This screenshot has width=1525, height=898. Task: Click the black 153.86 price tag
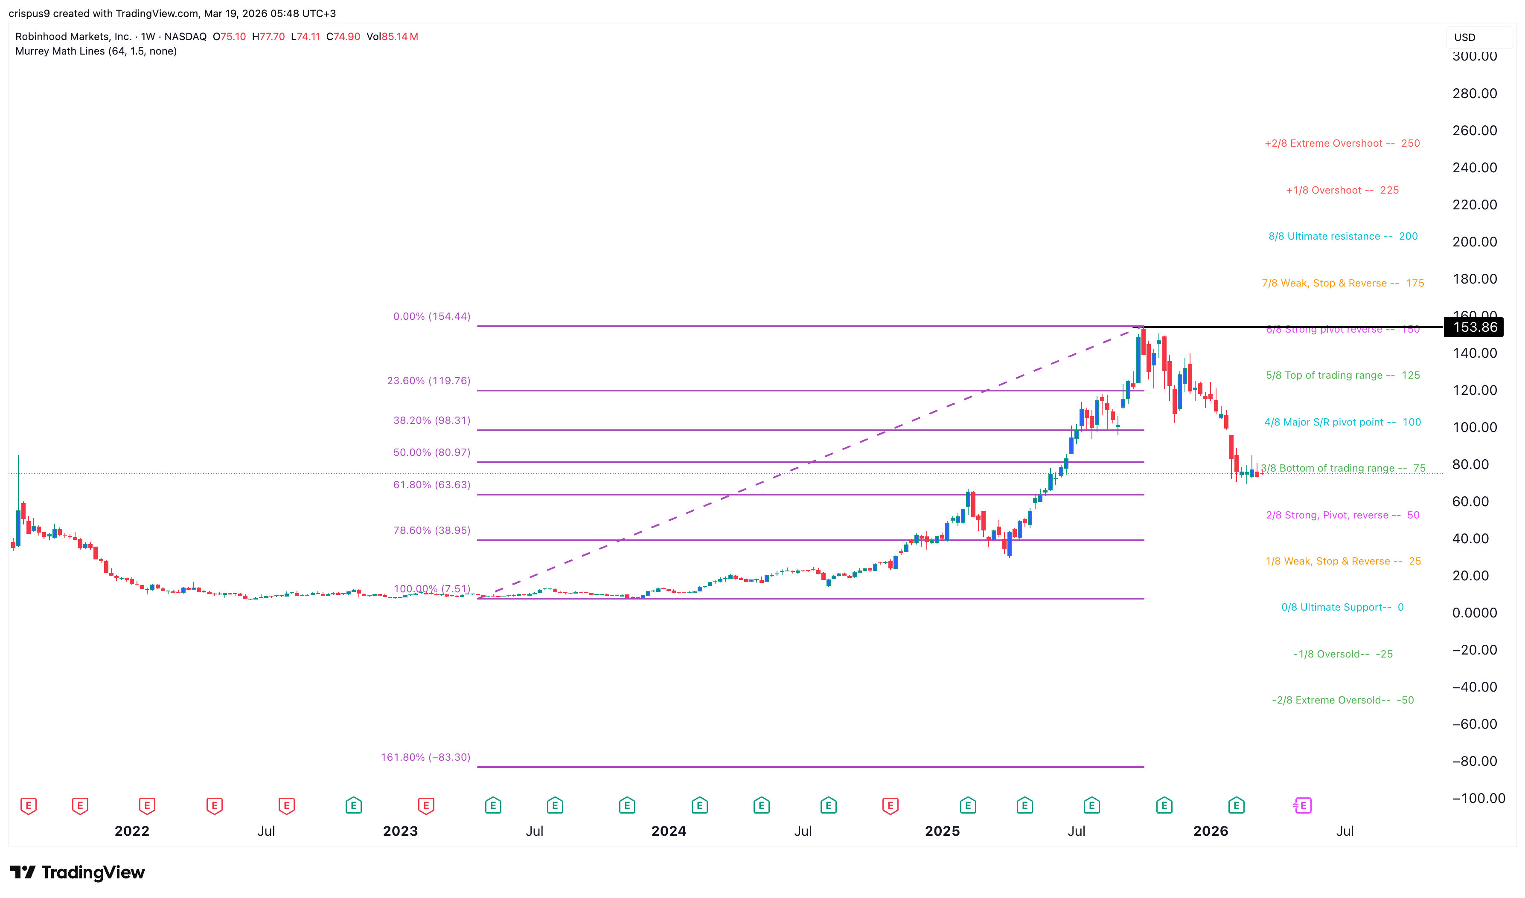click(x=1474, y=327)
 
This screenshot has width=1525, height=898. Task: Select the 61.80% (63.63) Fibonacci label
click(x=432, y=485)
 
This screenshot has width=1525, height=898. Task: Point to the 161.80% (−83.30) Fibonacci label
click(x=425, y=757)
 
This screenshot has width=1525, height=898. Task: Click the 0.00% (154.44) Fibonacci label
click(x=432, y=316)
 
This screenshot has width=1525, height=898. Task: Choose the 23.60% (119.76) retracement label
click(x=429, y=381)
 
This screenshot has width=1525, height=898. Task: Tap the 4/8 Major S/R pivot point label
click(x=1342, y=423)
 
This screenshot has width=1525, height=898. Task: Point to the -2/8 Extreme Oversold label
click(x=1342, y=700)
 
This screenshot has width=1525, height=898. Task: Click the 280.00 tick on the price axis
click(x=1474, y=94)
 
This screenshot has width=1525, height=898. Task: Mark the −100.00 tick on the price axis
click(x=1478, y=798)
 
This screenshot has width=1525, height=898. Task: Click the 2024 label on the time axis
click(x=668, y=831)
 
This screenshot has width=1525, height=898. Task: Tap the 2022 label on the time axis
click(x=132, y=831)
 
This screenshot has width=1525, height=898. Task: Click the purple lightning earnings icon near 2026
click(x=1302, y=805)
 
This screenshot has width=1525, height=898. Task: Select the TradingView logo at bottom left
click(x=78, y=872)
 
